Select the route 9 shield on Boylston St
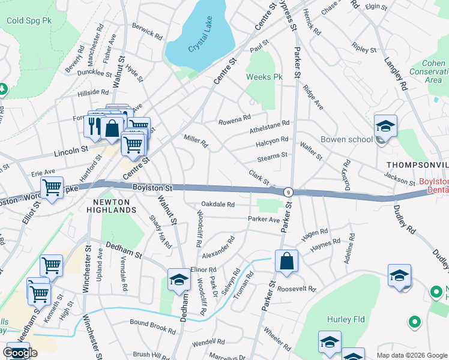coord(289,192)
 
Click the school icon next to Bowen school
coord(385,127)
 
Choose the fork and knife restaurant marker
coord(95,125)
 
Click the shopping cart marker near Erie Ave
coord(52,188)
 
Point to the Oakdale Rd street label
coord(217,205)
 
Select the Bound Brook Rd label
coord(153,326)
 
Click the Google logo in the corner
coord(20,353)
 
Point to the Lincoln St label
coord(71,150)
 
